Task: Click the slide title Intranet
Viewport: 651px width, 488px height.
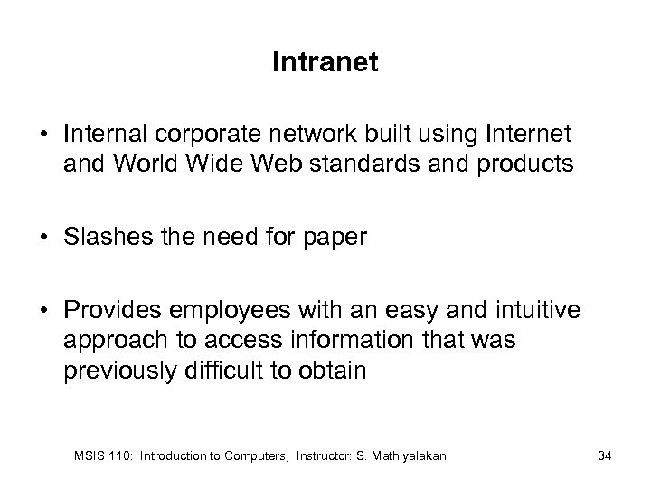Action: coord(325,64)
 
